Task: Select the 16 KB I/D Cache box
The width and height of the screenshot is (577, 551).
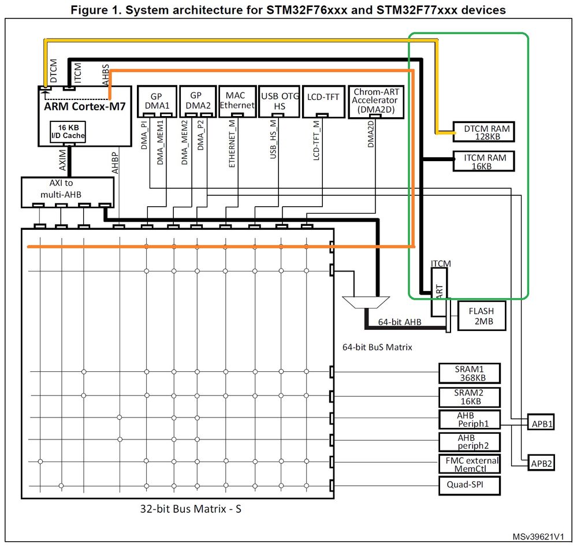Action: point(68,132)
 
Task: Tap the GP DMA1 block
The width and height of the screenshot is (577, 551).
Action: point(156,101)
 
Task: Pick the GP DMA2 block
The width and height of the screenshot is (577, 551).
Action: point(197,101)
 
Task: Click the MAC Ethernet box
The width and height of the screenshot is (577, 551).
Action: point(237,100)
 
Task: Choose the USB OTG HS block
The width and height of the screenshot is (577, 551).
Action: point(279,102)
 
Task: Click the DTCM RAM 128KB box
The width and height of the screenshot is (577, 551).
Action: point(483,133)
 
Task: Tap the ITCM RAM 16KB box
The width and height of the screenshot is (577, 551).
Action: point(483,161)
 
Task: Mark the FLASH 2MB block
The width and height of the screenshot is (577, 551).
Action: point(482,315)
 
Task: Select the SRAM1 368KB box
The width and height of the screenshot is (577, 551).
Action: point(469,374)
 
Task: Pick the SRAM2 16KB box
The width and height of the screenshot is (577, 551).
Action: point(469,397)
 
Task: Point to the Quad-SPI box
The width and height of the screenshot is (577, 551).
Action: point(469,486)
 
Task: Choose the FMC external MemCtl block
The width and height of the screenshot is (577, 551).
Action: point(469,464)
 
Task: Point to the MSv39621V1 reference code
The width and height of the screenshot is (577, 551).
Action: point(538,537)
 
